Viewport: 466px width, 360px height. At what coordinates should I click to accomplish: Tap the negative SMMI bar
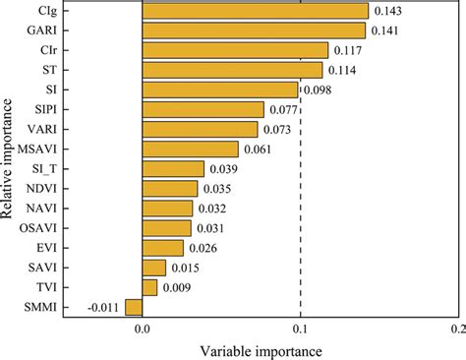(x=134, y=308)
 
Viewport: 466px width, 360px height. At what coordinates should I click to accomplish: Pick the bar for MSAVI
(x=191, y=150)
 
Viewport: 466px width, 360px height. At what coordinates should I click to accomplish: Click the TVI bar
(x=149, y=287)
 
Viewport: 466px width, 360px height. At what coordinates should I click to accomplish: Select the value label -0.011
(x=103, y=308)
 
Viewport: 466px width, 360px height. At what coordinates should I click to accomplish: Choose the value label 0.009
(x=177, y=287)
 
